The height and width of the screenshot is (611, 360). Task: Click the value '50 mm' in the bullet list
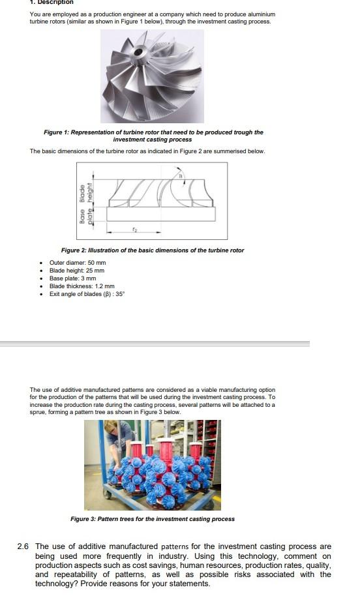point(96,263)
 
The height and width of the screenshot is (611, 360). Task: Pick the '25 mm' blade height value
point(95,271)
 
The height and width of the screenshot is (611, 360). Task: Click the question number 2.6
point(23,546)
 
